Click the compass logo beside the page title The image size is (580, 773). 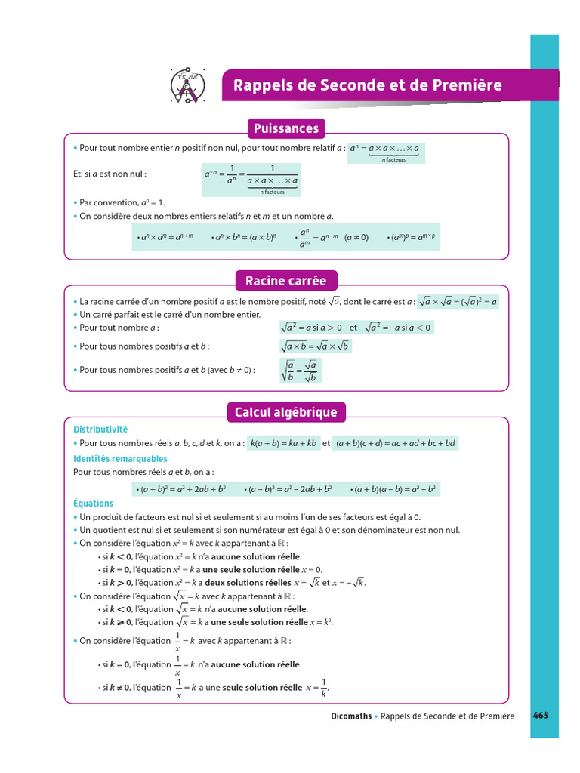(x=185, y=85)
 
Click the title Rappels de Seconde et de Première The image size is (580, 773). (x=367, y=85)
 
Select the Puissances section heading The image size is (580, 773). (x=286, y=128)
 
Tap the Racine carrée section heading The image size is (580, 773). (x=285, y=281)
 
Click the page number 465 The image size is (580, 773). (x=541, y=716)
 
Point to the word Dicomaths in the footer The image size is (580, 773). (x=350, y=716)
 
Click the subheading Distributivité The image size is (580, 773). (x=100, y=429)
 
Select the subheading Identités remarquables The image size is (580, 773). (x=120, y=459)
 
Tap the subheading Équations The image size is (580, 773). (x=93, y=504)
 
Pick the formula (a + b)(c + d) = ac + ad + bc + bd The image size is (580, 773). (x=396, y=444)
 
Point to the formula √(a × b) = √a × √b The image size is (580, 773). (x=316, y=346)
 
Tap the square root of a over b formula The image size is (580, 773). (x=300, y=371)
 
